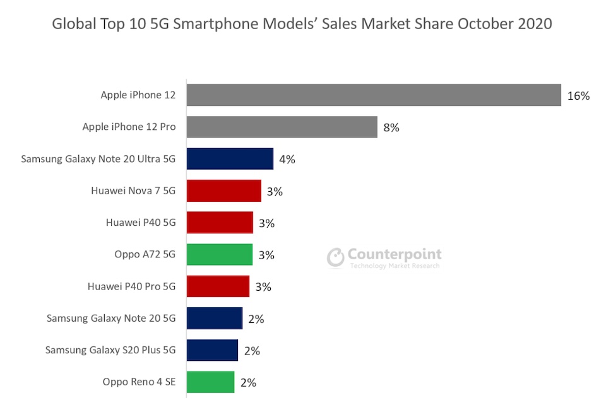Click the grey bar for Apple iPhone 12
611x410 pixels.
click(374, 95)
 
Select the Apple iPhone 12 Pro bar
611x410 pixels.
click(282, 127)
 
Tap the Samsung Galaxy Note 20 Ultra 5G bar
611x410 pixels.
click(230, 159)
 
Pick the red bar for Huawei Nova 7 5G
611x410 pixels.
click(223, 191)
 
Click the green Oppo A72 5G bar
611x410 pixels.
click(219, 255)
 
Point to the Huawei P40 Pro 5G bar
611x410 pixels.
click(218, 286)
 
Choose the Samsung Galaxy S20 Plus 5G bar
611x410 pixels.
click(212, 350)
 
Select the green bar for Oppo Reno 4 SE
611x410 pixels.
click(210, 382)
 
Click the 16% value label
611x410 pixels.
click(578, 96)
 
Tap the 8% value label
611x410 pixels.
click(391, 127)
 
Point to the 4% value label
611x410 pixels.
click(287, 160)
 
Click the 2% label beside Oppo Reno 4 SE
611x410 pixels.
click(248, 382)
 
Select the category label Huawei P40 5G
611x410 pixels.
click(141, 223)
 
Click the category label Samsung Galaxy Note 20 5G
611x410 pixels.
click(111, 319)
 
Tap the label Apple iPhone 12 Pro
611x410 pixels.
click(129, 127)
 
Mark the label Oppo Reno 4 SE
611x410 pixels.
click(139, 382)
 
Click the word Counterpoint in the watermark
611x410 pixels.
click(394, 255)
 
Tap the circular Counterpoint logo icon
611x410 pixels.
click(336, 257)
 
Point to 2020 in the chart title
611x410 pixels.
click(532, 24)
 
